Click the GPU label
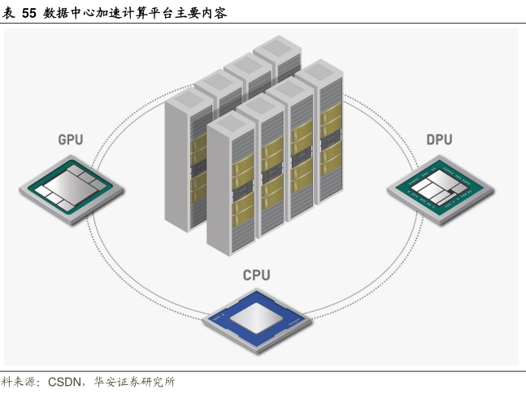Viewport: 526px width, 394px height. pyautogui.click(x=70, y=141)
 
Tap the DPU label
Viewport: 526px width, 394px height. pyautogui.click(x=439, y=141)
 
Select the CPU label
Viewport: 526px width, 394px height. pyautogui.click(x=256, y=275)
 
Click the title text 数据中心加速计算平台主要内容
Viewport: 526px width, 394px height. pyautogui.click(x=135, y=11)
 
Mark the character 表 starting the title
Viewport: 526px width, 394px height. pyautogui.click(x=9, y=11)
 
